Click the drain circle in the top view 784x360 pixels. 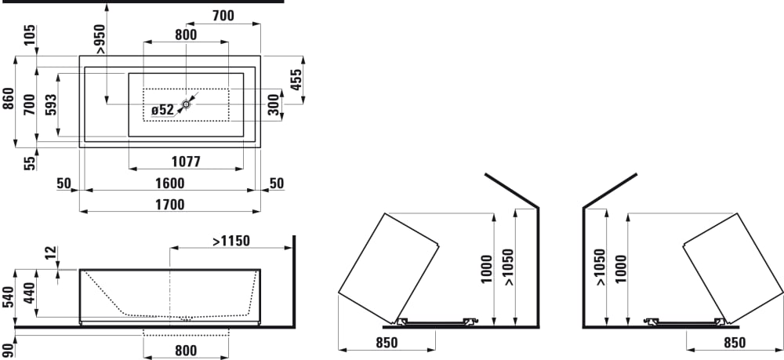pos(186,104)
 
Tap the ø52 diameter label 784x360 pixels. pos(162,110)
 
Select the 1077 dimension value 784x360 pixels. pos(186,162)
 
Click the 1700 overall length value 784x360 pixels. pos(169,205)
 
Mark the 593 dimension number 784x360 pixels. pos(51,105)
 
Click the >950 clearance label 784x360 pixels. pos(100,38)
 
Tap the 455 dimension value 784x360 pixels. pos(296,80)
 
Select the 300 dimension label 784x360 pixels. pos(273,104)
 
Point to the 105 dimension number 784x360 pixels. pos(31,35)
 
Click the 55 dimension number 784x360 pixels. pos(31,163)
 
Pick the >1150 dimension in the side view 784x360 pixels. pos(231,241)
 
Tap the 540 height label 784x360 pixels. pos(9,299)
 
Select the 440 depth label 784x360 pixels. pos(31,294)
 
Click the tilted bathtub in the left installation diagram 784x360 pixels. pos(389,268)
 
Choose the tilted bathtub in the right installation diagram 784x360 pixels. pos(732,268)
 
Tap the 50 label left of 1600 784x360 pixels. pos(64,184)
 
